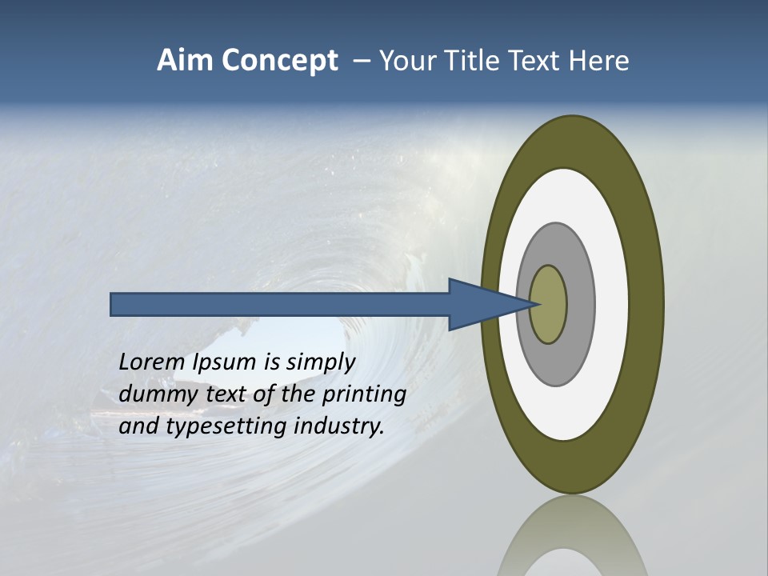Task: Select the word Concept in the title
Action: tap(279, 62)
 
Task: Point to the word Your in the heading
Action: tap(404, 61)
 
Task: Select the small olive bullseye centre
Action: tap(549, 304)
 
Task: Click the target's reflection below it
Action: tap(572, 540)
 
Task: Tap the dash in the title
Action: tap(361, 61)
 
